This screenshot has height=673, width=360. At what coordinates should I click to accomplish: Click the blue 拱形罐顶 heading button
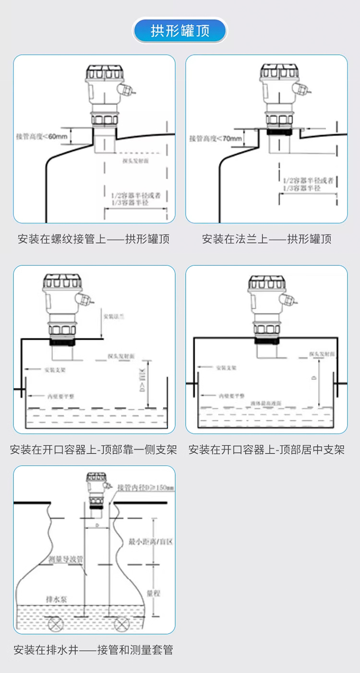(180, 31)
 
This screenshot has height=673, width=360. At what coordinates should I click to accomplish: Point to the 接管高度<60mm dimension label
(42, 136)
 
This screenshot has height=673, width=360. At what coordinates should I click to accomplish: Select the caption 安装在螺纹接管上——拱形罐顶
(94, 239)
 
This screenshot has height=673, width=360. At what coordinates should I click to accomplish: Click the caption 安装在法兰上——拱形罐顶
(267, 239)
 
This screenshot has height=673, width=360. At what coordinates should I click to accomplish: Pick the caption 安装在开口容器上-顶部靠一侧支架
(94, 450)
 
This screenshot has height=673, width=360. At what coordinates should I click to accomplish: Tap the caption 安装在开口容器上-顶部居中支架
(267, 450)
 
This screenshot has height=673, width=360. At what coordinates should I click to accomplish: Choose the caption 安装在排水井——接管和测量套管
(94, 650)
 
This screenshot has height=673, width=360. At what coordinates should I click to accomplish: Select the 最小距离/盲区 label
(150, 542)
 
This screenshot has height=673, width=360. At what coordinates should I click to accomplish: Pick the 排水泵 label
(53, 599)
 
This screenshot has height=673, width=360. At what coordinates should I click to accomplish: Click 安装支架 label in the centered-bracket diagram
(226, 367)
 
